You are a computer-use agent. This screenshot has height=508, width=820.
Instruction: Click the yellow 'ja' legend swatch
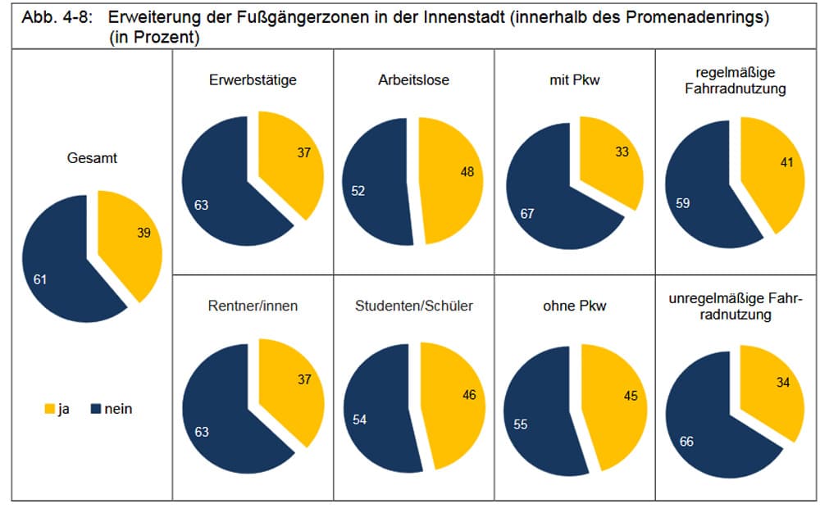point(48,409)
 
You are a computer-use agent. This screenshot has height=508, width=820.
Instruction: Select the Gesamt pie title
point(92,158)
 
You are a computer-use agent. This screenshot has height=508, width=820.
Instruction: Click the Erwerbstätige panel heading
point(253,80)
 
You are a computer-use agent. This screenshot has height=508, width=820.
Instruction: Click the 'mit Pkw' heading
point(575,80)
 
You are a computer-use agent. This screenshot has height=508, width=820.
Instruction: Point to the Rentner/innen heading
point(253,306)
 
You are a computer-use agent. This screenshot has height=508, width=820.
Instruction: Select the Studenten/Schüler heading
point(414,306)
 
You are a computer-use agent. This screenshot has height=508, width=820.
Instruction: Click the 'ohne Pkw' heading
point(575,306)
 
